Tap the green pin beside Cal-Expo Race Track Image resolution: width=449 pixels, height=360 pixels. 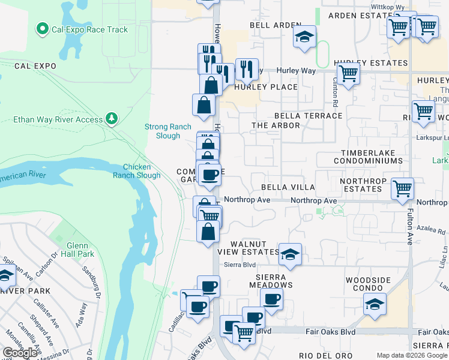pyautogui.click(x=42, y=28)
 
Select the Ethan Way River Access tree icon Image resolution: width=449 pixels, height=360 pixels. pyautogui.click(x=111, y=119)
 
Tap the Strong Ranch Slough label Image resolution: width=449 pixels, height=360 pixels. pyautogui.click(x=167, y=131)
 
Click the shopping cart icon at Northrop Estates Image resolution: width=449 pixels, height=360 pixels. pyautogui.click(x=402, y=188)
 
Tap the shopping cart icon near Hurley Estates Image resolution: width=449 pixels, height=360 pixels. pyautogui.click(x=348, y=73)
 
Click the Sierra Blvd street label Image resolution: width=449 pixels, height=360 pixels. pyautogui.click(x=236, y=264)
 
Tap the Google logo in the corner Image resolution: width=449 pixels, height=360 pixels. pyautogui.click(x=20, y=353)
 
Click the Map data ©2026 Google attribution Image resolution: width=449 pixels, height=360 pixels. pyautogui.click(x=412, y=355)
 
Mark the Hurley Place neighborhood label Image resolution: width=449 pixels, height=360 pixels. pyautogui.click(x=266, y=87)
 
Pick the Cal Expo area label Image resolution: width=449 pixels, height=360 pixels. pyautogui.click(x=35, y=66)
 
